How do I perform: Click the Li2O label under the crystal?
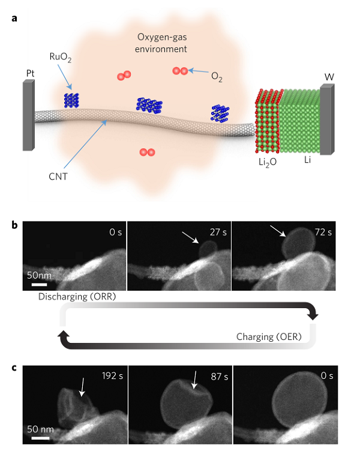point(263,163)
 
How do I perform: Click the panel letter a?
point(14,19)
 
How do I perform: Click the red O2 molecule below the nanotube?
point(146,153)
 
